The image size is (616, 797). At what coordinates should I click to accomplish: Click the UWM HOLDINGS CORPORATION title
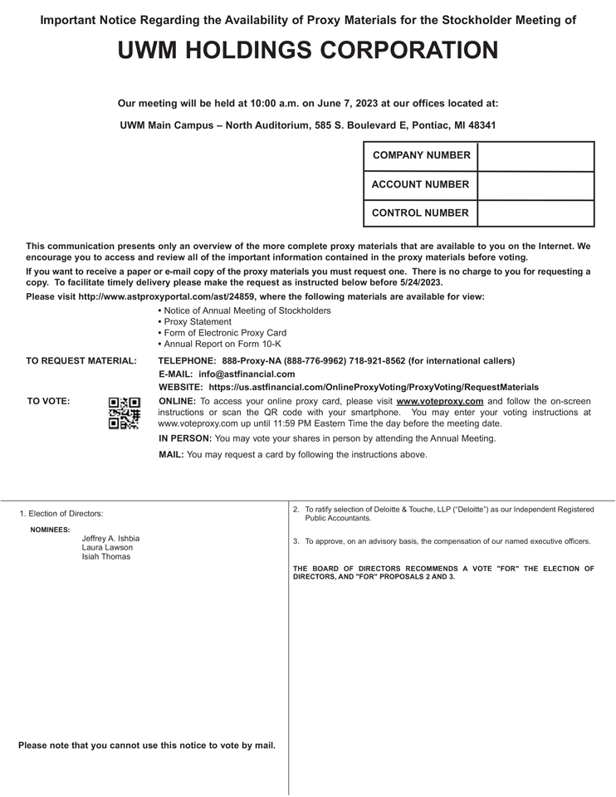[x=308, y=51]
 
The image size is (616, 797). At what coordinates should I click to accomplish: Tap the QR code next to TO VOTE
[x=125, y=413]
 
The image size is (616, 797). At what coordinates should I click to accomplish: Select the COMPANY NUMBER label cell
[x=421, y=155]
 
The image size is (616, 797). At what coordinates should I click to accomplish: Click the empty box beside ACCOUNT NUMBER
[x=535, y=184]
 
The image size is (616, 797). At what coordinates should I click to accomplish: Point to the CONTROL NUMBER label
[x=420, y=213]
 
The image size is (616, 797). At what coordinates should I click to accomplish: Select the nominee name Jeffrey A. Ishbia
[x=110, y=538]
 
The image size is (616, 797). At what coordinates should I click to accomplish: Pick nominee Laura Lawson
[x=107, y=547]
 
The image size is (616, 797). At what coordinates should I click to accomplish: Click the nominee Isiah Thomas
[x=105, y=556]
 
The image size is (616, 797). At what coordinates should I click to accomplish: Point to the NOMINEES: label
[x=50, y=530]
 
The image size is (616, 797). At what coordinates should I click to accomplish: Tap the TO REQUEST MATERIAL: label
[x=81, y=361]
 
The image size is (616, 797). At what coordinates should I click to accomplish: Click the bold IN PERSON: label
[x=185, y=438]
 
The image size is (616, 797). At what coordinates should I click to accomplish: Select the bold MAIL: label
[x=171, y=455]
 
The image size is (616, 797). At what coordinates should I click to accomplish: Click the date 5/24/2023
[x=421, y=282]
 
